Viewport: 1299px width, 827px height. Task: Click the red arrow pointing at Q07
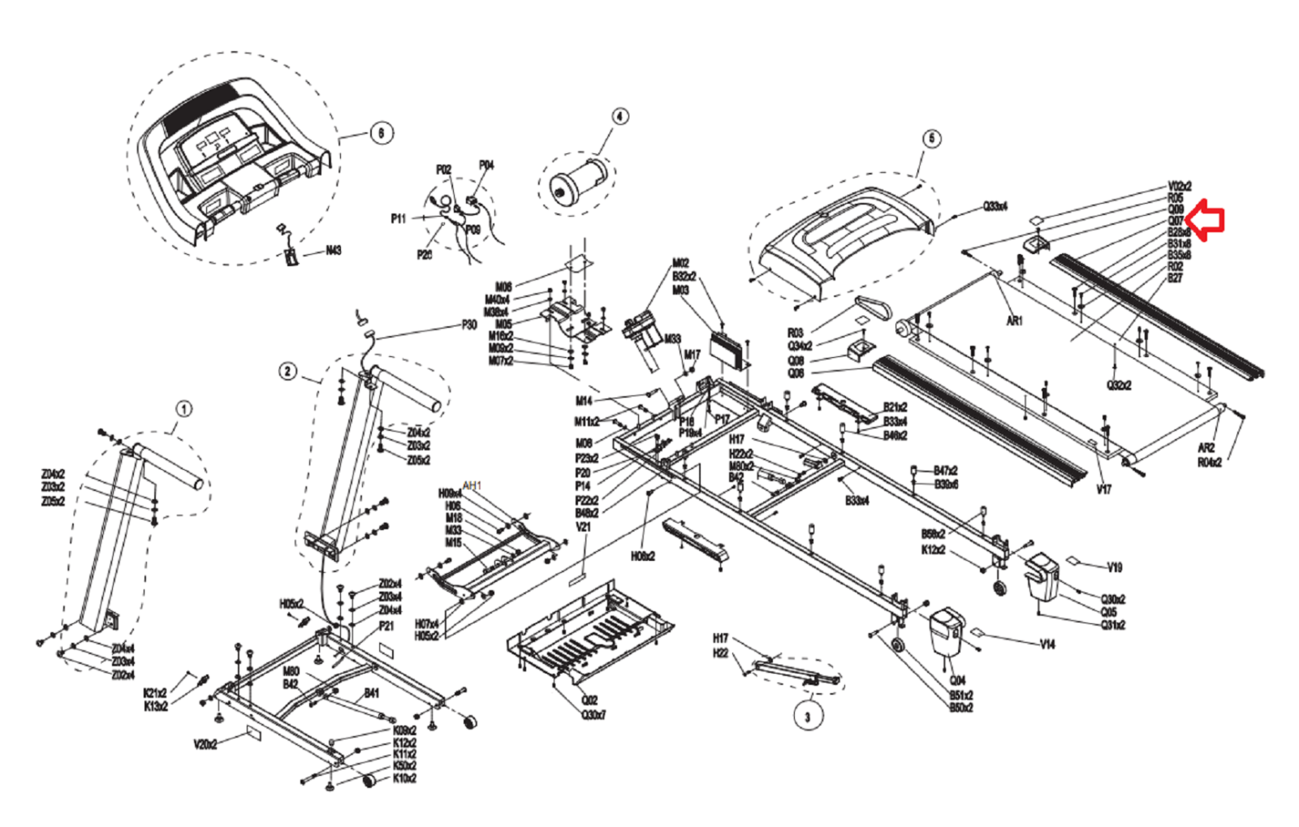(x=1206, y=221)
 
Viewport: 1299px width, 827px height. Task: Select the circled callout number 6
(x=382, y=133)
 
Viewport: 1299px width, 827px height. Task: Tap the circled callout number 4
(x=619, y=116)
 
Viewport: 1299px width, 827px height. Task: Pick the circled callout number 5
(x=931, y=139)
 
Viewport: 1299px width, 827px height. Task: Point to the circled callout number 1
(x=184, y=408)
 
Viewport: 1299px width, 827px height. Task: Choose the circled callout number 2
(x=288, y=372)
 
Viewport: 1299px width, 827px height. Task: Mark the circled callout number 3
(x=807, y=717)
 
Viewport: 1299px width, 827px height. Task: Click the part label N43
(x=333, y=250)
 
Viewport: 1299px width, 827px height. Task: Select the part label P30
(x=469, y=325)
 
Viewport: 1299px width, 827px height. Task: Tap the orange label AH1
(x=472, y=485)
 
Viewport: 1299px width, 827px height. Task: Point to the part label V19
(x=1115, y=567)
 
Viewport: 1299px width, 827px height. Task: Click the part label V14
(x=1047, y=644)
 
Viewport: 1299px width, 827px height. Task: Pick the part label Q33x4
(x=995, y=206)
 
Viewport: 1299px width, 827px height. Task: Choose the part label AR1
(x=1014, y=321)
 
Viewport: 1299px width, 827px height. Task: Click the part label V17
(x=1103, y=489)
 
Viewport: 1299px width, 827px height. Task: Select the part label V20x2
(x=205, y=743)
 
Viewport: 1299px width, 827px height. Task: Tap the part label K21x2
(x=154, y=693)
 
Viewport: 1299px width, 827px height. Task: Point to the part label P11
(x=398, y=218)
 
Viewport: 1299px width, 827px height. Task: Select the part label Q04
(x=957, y=680)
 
